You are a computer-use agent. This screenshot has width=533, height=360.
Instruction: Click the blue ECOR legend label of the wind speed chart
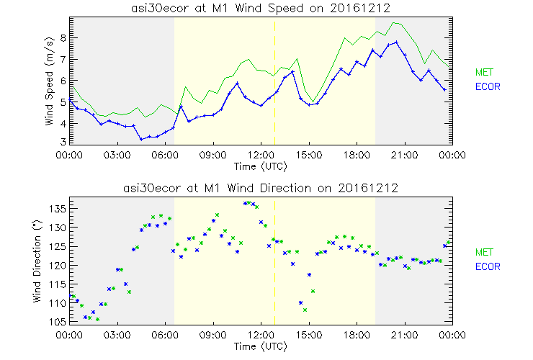486,87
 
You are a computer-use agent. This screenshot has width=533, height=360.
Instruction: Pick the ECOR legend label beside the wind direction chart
486,266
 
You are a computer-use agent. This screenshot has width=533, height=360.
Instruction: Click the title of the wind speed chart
261,7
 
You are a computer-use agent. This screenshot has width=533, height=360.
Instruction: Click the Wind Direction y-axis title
49,260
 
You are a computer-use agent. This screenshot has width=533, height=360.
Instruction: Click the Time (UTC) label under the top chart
261,166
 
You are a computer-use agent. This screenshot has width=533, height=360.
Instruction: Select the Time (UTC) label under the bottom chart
261,346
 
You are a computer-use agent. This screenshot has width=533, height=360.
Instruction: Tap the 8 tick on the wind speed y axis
63,37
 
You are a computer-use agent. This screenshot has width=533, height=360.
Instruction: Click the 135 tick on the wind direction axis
58,209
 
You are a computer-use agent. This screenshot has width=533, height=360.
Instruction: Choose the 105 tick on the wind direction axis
58,322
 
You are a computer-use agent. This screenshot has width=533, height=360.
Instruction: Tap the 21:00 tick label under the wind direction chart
405,335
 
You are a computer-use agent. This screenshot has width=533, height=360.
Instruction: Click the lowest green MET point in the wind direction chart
305,310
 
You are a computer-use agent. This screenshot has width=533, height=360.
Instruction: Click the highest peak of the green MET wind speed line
394,23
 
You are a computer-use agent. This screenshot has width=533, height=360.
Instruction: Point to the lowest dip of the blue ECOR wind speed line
142,138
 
